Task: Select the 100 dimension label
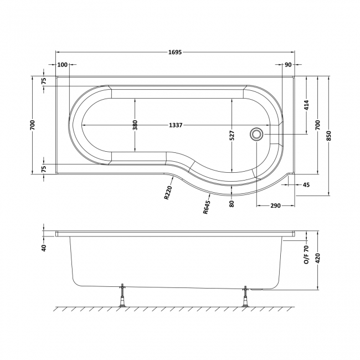(62, 65)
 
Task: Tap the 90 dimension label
(287, 65)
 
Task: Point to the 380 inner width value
(135, 125)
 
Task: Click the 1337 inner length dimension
(177, 125)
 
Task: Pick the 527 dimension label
(232, 136)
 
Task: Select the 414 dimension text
(306, 105)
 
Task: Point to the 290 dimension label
(275, 206)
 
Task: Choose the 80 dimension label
(232, 203)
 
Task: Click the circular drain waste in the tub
(257, 133)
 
